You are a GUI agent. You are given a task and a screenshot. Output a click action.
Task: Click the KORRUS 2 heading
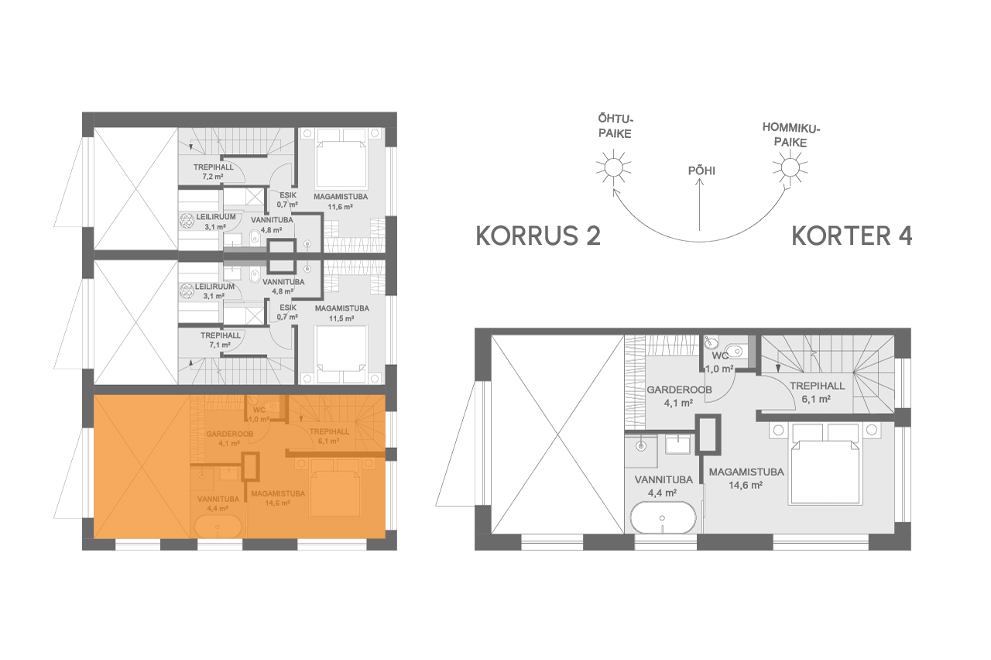point(538,236)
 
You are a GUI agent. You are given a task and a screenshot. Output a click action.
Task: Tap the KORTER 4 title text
point(851,236)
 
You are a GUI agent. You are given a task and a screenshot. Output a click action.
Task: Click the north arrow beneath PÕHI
point(699,205)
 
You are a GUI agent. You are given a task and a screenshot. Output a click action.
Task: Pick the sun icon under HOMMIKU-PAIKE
point(789,167)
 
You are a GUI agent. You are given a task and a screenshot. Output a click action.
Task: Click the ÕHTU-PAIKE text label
point(616,126)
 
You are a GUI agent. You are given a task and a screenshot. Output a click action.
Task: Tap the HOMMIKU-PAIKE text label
point(790,135)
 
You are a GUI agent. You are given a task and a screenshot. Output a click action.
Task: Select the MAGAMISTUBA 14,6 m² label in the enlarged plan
point(746,478)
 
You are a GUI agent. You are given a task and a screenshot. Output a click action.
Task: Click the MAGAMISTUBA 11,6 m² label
point(341,202)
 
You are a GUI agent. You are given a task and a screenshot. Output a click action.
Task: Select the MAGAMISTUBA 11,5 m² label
point(341,312)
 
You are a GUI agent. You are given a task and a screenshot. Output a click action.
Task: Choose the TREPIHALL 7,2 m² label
point(207,172)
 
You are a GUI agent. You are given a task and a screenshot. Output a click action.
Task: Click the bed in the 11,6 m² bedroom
point(341,157)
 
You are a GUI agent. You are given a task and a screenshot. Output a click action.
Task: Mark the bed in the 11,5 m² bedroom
point(341,355)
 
